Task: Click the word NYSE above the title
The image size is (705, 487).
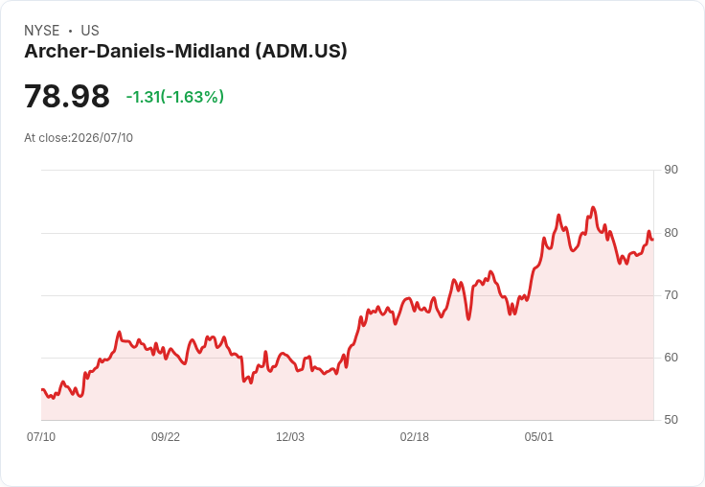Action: tap(42, 31)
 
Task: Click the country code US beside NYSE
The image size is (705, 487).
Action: tap(90, 31)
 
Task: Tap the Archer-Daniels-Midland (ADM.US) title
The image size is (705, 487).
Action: tap(186, 51)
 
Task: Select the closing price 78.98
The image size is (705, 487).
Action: tap(67, 96)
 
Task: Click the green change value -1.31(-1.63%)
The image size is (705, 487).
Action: tap(175, 97)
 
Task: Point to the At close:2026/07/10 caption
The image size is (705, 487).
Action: tap(79, 138)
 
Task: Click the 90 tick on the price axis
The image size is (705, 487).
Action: tap(671, 170)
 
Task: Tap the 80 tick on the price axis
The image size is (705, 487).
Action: tap(671, 233)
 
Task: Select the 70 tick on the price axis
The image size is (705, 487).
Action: tap(671, 295)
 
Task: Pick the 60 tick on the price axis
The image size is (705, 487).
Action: tap(671, 358)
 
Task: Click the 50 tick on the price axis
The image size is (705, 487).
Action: tap(671, 420)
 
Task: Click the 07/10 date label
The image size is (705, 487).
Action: tap(41, 436)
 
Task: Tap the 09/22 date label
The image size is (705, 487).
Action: tap(166, 436)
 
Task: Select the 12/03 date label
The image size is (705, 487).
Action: tap(290, 436)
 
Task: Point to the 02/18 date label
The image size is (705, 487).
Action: tap(415, 436)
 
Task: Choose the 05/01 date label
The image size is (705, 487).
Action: tap(538, 436)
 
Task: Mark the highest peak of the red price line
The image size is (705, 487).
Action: tap(593, 207)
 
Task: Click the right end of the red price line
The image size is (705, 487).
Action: tap(653, 240)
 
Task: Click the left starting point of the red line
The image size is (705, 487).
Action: tap(42, 389)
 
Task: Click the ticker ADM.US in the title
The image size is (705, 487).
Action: tap(302, 51)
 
